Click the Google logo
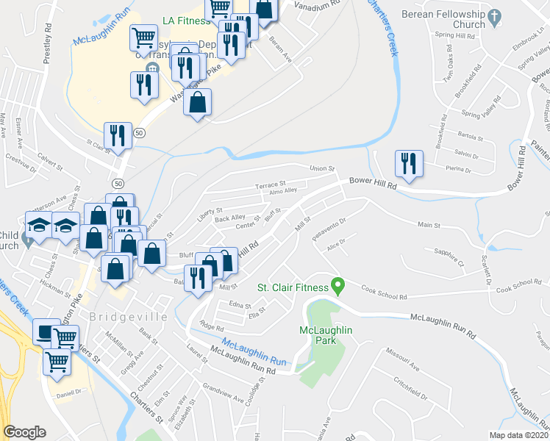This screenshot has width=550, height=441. tap(25, 432)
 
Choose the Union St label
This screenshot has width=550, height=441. tap(321, 169)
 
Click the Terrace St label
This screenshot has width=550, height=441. tap(270, 185)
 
